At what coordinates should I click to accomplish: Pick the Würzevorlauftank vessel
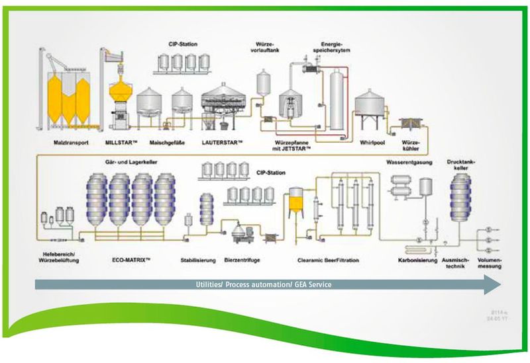click(264, 81)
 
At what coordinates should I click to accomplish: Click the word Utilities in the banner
click(211, 284)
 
